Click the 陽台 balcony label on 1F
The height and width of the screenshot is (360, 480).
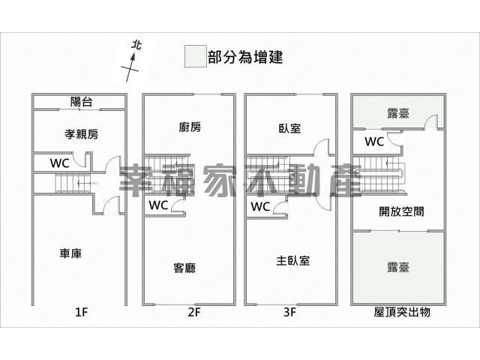(x=81, y=102)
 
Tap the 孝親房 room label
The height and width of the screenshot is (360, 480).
(x=82, y=134)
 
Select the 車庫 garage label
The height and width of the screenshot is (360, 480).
(x=70, y=253)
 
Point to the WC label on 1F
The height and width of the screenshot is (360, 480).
(x=60, y=163)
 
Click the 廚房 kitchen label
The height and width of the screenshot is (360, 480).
(x=190, y=127)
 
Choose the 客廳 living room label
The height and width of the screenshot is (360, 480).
(x=184, y=268)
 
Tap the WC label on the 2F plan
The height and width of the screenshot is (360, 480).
(x=158, y=205)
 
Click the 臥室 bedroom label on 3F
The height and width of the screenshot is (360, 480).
(x=289, y=128)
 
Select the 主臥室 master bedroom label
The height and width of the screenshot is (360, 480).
(x=293, y=261)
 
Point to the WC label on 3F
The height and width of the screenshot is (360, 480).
(x=260, y=207)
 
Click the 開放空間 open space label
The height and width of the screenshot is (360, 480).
(x=402, y=211)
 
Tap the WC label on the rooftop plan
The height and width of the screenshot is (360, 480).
(x=374, y=142)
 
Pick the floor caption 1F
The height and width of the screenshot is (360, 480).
(x=82, y=312)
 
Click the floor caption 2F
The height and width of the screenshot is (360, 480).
(x=194, y=312)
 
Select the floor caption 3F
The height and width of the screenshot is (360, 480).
(x=290, y=312)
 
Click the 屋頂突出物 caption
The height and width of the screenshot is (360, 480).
(x=402, y=312)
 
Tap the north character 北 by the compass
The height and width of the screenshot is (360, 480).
(x=136, y=45)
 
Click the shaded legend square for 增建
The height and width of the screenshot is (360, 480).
(x=195, y=56)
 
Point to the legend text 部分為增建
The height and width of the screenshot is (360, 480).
(x=245, y=57)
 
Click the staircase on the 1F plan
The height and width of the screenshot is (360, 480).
(x=73, y=183)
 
